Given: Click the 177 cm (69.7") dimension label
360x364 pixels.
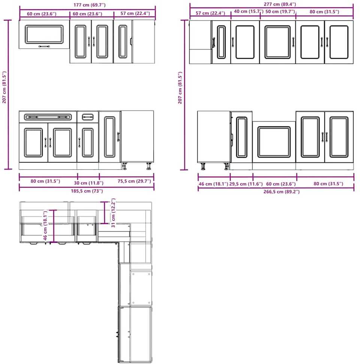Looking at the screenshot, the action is [89, 5].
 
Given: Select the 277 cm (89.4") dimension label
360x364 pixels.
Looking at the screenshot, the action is [280, 4].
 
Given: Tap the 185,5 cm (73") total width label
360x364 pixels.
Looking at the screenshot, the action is [87, 191].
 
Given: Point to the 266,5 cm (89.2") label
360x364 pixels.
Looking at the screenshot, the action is [281, 192].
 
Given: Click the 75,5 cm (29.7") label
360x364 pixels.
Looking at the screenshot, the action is [134, 181].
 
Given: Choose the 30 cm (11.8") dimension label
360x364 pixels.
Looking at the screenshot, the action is [88, 183].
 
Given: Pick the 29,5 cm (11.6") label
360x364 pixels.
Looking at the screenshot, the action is [246, 184].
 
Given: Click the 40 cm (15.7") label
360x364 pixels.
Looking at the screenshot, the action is [248, 11].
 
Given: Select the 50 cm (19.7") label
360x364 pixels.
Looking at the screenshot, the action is [280, 12].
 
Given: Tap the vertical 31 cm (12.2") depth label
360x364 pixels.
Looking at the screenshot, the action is [113, 213].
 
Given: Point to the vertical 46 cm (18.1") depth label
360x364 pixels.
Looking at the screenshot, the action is [45, 225].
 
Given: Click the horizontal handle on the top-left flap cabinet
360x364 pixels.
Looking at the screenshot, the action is [44, 46].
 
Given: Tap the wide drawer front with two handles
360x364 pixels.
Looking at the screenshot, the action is [48, 117].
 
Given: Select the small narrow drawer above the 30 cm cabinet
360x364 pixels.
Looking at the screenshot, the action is [88, 117].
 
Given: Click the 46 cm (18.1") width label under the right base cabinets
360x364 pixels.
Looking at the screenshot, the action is [213, 184].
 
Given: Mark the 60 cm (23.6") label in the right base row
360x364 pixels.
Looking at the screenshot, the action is [281, 184].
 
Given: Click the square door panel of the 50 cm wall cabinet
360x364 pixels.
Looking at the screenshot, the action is [278, 42].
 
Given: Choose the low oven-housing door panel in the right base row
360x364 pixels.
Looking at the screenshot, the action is [274, 142].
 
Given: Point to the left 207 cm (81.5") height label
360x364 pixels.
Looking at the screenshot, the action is [4, 87].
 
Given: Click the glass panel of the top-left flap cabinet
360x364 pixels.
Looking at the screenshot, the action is [44, 34].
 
